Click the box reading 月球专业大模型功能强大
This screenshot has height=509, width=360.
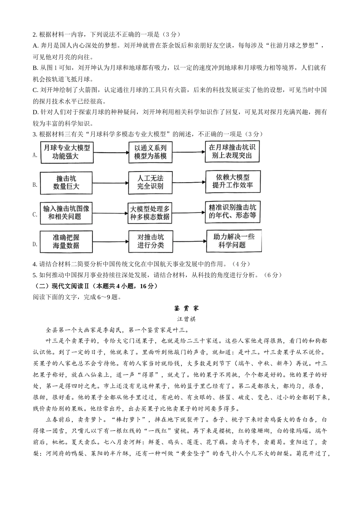click(x=66, y=152)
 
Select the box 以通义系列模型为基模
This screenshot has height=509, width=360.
click(x=150, y=152)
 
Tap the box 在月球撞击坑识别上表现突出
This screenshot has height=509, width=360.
click(x=233, y=151)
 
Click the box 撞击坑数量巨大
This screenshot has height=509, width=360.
click(x=66, y=182)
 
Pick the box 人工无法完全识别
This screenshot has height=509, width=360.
click(x=150, y=182)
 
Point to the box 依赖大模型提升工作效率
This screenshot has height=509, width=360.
click(x=233, y=181)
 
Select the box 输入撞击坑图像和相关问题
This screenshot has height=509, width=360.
click(x=66, y=212)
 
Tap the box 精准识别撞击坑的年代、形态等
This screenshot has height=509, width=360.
click(x=233, y=212)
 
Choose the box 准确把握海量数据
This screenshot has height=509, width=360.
click(x=66, y=241)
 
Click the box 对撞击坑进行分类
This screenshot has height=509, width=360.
click(x=150, y=241)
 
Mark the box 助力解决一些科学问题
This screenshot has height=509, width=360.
click(x=233, y=241)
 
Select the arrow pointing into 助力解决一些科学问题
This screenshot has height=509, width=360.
click(x=189, y=242)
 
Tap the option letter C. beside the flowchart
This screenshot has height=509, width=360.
click(x=35, y=214)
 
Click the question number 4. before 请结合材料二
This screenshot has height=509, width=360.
click(x=35, y=264)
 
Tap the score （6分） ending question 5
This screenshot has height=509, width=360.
click(x=272, y=275)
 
